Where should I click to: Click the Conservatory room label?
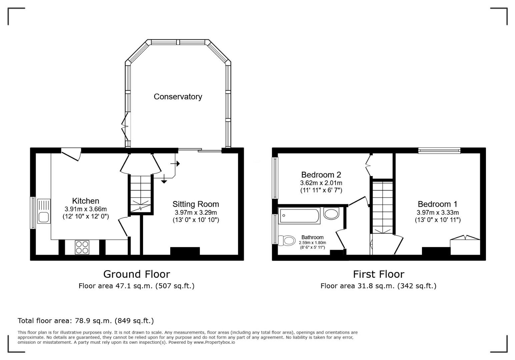[178, 97]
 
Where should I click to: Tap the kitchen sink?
[44, 211]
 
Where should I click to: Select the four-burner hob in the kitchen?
[82, 247]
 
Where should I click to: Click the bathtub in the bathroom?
[300, 216]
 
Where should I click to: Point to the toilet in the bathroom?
[287, 240]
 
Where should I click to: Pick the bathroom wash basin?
[331, 213]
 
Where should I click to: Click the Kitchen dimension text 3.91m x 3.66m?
[86, 209]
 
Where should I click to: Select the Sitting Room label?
[196, 204]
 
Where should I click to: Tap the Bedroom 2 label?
[321, 175]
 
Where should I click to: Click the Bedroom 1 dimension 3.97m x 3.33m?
[438, 212]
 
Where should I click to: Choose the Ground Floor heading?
[136, 274]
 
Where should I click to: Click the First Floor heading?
[379, 274]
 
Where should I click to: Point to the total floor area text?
[86, 321]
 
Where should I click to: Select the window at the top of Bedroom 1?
[439, 151]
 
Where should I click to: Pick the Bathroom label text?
[312, 237]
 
